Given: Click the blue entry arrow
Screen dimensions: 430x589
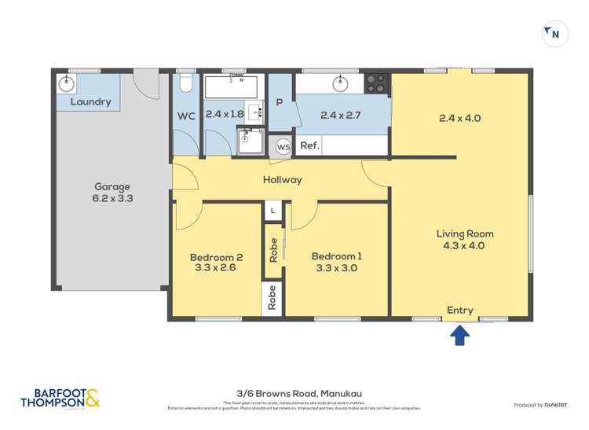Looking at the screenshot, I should click(460, 336).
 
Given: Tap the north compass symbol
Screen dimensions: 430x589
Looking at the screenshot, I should click(555, 34).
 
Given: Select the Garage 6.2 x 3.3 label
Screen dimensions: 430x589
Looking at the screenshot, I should click(112, 193).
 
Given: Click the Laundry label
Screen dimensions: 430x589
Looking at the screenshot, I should click(91, 102).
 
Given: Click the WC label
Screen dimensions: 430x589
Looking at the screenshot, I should click(186, 116).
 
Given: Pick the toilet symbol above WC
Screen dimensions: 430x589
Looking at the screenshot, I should click(185, 83).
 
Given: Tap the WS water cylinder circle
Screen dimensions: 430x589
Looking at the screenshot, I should click(283, 146).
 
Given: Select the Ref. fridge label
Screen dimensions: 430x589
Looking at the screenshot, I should click(309, 145).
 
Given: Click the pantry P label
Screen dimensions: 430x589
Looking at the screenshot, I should click(279, 103).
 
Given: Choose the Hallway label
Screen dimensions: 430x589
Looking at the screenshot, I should click(283, 180).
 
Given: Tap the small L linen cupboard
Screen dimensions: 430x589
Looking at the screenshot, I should click(273, 211).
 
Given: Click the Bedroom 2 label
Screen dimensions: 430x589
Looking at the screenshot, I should click(216, 263).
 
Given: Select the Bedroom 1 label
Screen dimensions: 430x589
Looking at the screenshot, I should click(337, 263).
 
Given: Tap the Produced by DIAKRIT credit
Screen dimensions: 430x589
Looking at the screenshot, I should click(541, 405).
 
